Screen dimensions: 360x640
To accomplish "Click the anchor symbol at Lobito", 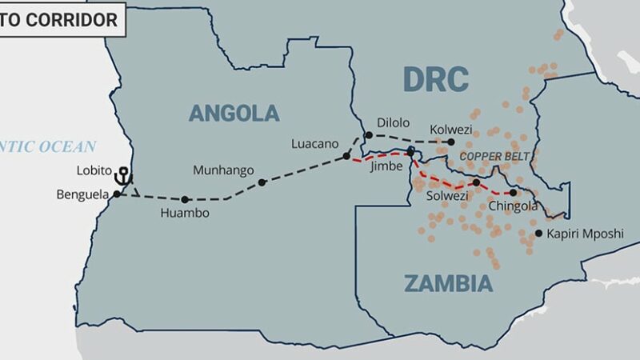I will pyautogui.click(x=123, y=175).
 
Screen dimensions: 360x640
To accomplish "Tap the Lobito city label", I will pyautogui.click(x=95, y=172).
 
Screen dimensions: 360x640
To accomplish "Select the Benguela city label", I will pyautogui.click(x=83, y=194).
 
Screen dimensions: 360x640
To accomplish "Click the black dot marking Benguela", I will pyautogui.click(x=117, y=194).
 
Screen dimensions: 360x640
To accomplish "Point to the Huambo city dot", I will pyautogui.click(x=185, y=199).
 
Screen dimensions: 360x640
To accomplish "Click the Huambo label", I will pyautogui.click(x=185, y=214).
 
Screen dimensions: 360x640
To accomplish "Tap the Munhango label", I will pyautogui.click(x=223, y=170).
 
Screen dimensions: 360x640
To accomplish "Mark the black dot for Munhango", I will pyautogui.click(x=262, y=182).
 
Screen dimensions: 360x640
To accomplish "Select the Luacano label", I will pyautogui.click(x=316, y=144).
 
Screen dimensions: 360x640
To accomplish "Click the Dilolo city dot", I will pyautogui.click(x=369, y=135).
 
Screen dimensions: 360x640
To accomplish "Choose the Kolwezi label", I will pyautogui.click(x=452, y=128).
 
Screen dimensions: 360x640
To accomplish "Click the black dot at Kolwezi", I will pyautogui.click(x=440, y=142).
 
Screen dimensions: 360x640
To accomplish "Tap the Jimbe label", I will pyautogui.click(x=386, y=167).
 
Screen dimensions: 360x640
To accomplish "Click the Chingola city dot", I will pyautogui.click(x=513, y=192).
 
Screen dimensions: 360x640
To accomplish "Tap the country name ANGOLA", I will pyautogui.click(x=234, y=113).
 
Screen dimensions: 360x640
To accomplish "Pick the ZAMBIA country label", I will pyautogui.click(x=447, y=283).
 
